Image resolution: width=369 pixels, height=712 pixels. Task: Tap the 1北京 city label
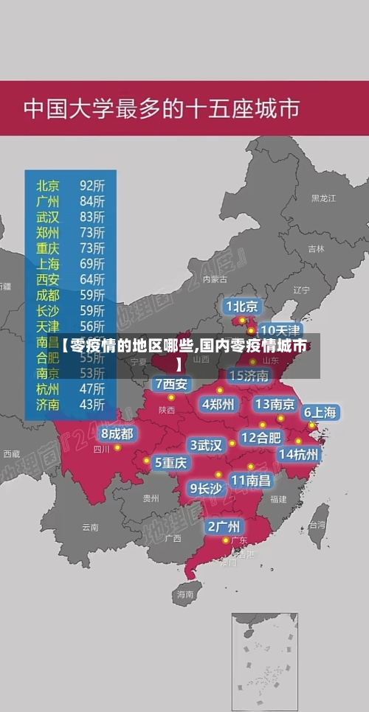pyautogui.click(x=242, y=306)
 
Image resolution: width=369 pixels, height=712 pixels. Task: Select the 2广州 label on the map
pyautogui.click(x=222, y=526)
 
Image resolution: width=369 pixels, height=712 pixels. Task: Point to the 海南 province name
pyautogui.click(x=184, y=593)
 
